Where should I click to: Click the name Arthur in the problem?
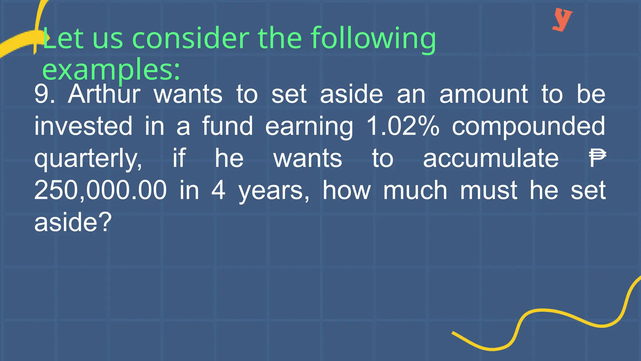coord(104,94)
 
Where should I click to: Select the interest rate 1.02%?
coord(403,126)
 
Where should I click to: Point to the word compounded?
coord(528,127)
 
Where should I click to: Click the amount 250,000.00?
coord(100,190)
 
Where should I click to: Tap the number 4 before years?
coord(218,190)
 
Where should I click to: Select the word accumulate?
coord(490,158)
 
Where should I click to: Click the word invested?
coord(83,126)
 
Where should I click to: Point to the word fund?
coord(227,126)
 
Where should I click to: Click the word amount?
coord(484,94)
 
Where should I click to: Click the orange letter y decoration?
coord(562,19)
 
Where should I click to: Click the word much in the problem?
coord(415,190)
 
